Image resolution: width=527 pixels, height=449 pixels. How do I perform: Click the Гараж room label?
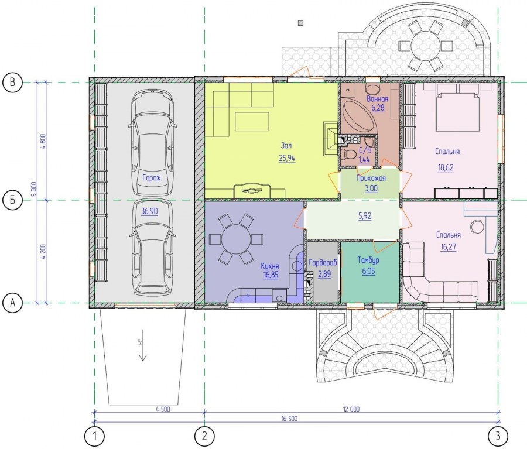click(x=152, y=178)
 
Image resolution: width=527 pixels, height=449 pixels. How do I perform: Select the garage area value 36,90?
click(x=149, y=211)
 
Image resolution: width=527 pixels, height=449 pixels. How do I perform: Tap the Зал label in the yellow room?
click(x=286, y=146)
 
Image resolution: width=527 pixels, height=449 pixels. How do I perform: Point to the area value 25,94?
click(x=287, y=158)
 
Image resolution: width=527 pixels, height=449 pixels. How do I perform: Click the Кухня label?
click(x=270, y=266)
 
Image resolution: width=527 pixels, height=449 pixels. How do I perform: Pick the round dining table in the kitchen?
click(x=235, y=239)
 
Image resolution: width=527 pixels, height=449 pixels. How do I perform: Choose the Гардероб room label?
click(x=323, y=263)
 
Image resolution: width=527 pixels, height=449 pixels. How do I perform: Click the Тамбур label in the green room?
click(x=368, y=260)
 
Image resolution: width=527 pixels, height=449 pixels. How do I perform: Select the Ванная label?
click(x=378, y=99)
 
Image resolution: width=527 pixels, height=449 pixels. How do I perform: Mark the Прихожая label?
click(x=371, y=178)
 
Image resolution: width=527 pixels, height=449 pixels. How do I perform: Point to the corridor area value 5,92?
click(x=365, y=216)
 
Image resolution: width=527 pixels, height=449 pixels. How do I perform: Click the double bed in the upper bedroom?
click(x=457, y=107)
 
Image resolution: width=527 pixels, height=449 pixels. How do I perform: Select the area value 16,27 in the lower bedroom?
click(x=449, y=247)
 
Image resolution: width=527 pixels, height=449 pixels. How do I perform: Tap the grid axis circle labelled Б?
click(x=12, y=200)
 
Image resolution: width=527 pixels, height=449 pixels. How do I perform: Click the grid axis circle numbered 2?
click(x=205, y=436)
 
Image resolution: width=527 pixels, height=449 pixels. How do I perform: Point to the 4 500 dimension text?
click(x=163, y=409)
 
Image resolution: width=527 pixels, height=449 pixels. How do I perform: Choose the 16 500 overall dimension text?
click(x=289, y=419)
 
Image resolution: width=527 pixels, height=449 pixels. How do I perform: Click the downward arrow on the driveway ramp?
click(x=143, y=345)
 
